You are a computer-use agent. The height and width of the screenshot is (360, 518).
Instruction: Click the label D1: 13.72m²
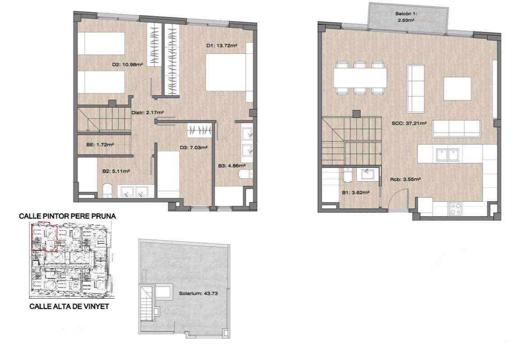222,46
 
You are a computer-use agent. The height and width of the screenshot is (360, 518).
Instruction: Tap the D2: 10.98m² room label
128,65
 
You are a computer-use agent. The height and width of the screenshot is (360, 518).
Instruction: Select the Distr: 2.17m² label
148,113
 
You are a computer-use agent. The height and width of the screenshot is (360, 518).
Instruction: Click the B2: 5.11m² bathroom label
115,171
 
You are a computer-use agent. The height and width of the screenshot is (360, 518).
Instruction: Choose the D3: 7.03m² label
193,148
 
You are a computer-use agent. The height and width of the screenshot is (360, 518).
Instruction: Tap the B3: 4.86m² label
231,165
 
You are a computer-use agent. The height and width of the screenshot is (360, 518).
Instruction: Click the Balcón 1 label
406,14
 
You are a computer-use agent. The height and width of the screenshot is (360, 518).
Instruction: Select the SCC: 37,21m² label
409,123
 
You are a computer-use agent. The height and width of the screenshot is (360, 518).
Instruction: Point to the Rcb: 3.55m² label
405,179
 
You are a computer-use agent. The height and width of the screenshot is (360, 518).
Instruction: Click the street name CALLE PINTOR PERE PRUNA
67,216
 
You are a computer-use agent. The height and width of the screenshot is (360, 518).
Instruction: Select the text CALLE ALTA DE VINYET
69,306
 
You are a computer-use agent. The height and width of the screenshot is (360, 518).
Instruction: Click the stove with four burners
456,209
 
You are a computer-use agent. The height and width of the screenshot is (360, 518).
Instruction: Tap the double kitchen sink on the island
448,155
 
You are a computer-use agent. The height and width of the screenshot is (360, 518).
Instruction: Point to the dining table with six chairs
360,77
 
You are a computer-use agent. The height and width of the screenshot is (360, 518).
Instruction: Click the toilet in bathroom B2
107,191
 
